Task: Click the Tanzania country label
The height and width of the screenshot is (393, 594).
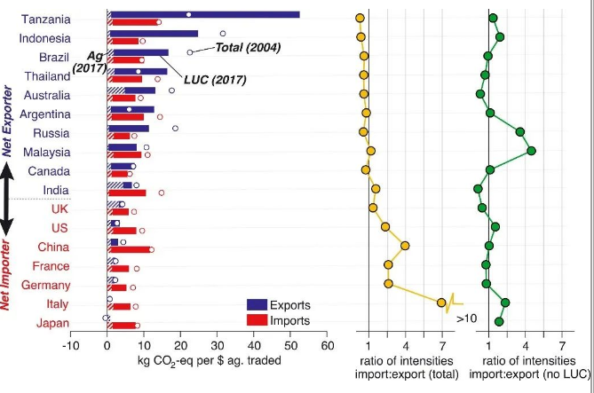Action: click(46, 19)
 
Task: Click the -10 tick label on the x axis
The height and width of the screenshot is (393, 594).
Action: click(69, 347)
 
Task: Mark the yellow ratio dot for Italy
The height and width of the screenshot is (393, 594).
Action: click(441, 303)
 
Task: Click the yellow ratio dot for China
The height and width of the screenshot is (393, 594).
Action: click(405, 246)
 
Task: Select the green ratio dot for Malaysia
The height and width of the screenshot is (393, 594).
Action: click(531, 151)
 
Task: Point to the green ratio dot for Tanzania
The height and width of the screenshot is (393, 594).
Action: click(493, 19)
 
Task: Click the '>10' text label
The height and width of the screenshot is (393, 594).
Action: click(467, 317)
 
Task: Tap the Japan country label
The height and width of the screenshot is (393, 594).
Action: click(51, 323)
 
